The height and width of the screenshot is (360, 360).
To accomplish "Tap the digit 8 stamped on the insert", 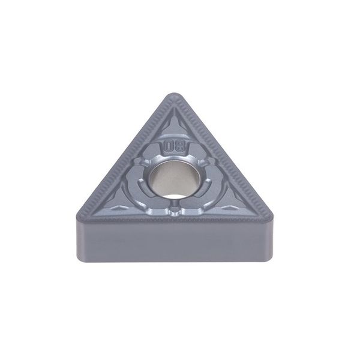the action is [x=181, y=146].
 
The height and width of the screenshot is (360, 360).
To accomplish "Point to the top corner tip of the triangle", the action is [x=175, y=94].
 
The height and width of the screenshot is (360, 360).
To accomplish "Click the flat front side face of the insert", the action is [x=175, y=241].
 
